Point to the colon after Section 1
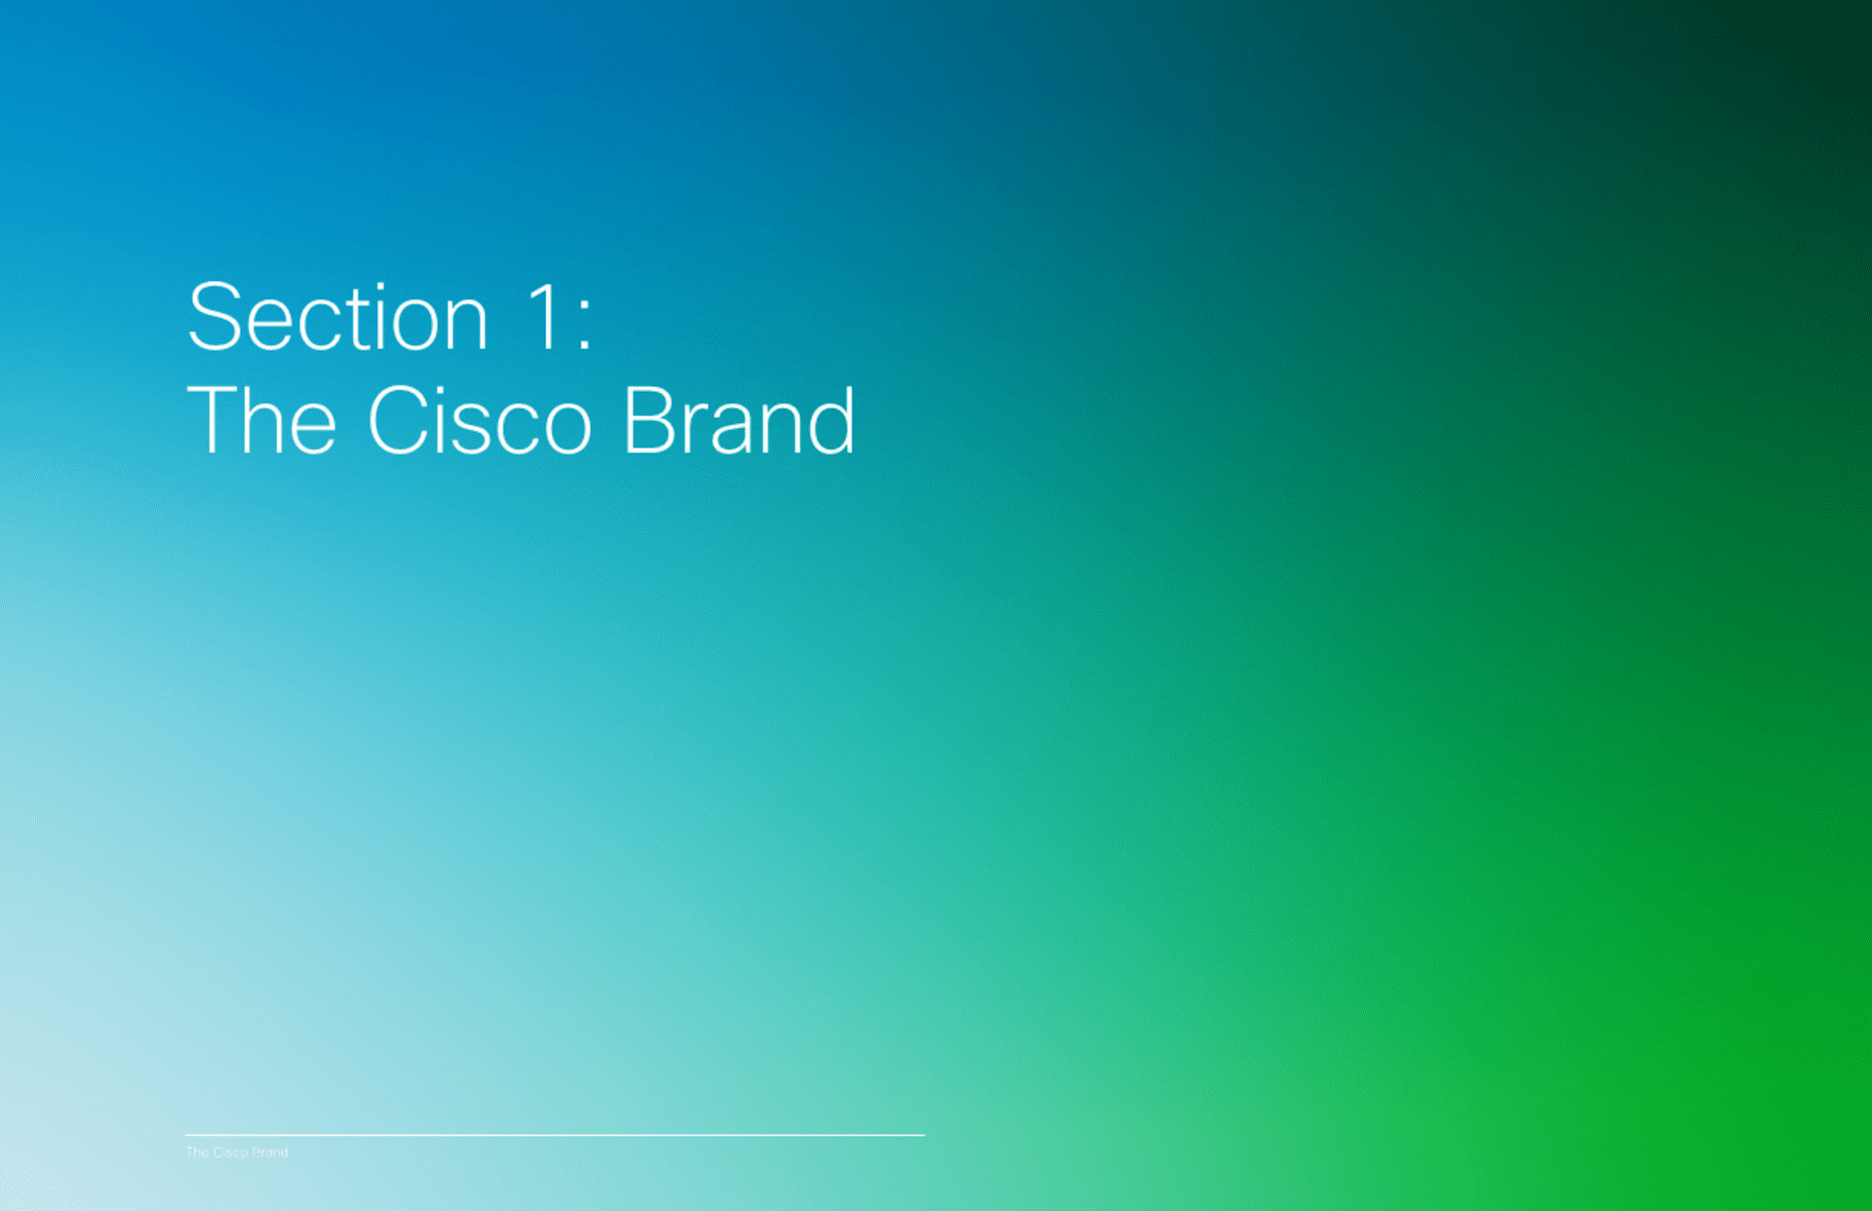[x=584, y=326]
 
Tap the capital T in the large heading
[x=213, y=420]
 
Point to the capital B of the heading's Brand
[x=650, y=420]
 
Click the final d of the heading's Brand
[x=832, y=420]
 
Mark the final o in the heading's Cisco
[x=568, y=430]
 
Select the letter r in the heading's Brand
[x=696, y=430]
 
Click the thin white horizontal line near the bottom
[x=555, y=1135]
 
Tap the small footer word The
[x=197, y=1152]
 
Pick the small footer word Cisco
[x=230, y=1152]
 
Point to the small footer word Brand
[x=270, y=1152]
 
